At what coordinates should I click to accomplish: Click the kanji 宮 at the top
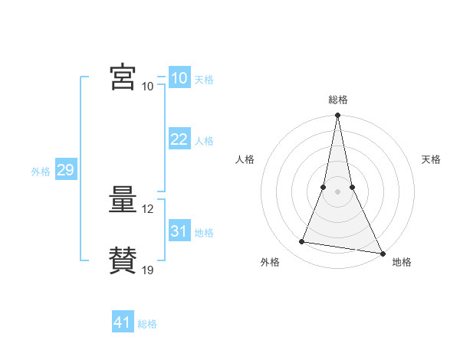123,77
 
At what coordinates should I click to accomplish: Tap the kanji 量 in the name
123,201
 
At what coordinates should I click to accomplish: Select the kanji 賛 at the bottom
123,260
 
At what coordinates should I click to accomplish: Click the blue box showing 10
179,77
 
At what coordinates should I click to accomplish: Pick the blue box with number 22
179,139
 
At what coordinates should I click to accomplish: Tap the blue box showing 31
179,231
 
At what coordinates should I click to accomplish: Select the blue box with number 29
65,170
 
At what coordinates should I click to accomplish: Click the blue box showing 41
123,322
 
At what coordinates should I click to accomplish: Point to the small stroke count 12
148,209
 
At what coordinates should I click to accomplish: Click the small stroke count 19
148,270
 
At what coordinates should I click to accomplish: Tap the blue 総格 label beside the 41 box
147,324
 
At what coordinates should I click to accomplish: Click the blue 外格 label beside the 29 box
41,172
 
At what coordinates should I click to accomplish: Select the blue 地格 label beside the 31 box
204,233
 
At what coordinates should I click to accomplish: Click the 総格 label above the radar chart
337,100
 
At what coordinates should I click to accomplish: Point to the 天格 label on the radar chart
431,159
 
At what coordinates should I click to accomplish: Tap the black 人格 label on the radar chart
245,159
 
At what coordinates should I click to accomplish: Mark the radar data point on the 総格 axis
337,116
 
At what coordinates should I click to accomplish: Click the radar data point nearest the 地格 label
382,253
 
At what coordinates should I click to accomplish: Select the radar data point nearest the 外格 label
302,242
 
